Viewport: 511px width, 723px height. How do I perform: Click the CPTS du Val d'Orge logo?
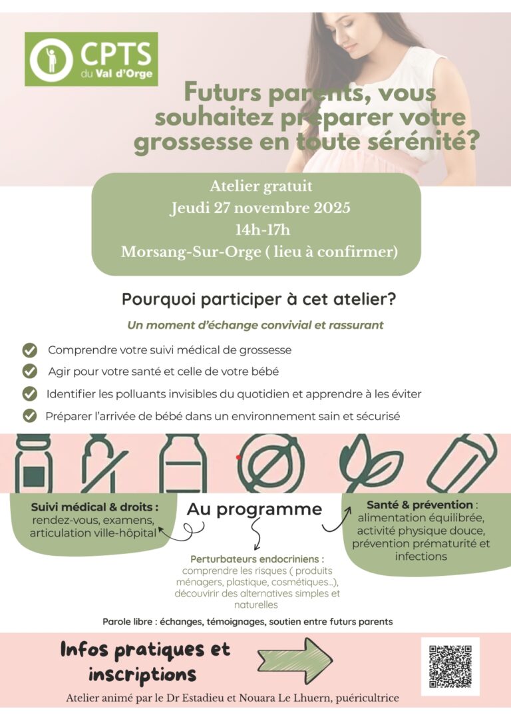[x=91, y=59]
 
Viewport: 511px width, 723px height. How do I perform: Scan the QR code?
[x=450, y=666]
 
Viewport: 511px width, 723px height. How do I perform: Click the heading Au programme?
[x=254, y=509]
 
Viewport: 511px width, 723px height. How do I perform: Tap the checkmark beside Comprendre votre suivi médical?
[x=29, y=350]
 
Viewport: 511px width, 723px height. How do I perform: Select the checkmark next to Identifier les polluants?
[x=29, y=393]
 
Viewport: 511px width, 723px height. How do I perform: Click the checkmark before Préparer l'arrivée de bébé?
[x=29, y=416]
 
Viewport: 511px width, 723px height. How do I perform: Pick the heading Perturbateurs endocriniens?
[x=257, y=559]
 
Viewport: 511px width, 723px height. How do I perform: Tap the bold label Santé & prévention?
[x=420, y=505]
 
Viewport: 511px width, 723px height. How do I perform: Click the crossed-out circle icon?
[x=270, y=463]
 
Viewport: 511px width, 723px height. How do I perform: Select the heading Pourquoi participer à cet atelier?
[x=259, y=300]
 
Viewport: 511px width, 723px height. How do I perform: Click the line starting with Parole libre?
[x=248, y=621]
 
